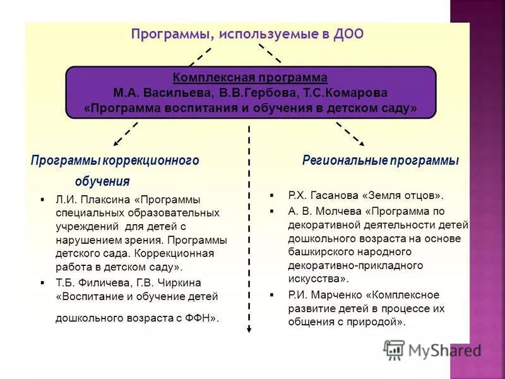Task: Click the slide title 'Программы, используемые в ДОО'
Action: (x=247, y=33)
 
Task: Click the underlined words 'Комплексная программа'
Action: (x=251, y=78)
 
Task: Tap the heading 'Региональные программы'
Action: (x=380, y=160)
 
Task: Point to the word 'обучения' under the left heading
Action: (x=102, y=182)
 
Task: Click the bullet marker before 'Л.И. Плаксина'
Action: (x=42, y=200)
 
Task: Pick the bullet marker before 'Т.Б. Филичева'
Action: (x=42, y=282)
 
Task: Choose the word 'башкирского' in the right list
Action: (x=319, y=251)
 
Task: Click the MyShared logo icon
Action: (x=395, y=350)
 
